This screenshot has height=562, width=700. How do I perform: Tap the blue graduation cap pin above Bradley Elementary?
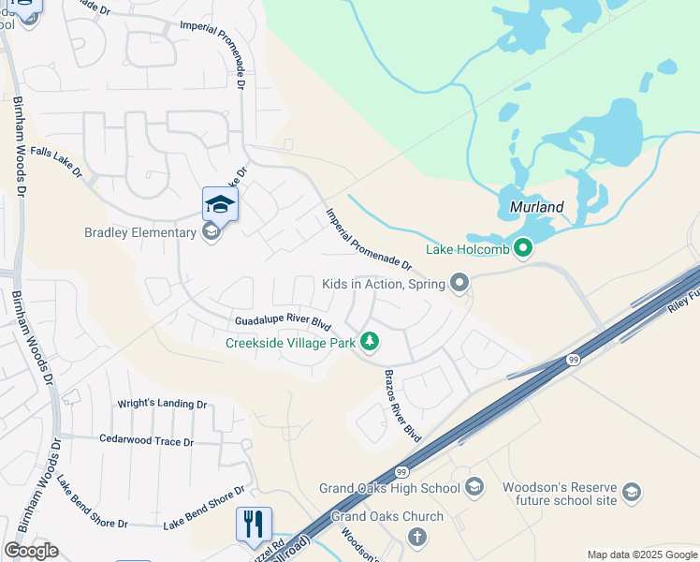coord(220,204)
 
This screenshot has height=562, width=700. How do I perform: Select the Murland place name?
coord(537,207)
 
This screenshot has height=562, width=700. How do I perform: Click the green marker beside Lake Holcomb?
coord(523,248)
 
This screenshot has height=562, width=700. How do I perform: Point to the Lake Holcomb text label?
coord(466,249)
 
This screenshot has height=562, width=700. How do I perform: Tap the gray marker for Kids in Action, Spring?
coord(459,282)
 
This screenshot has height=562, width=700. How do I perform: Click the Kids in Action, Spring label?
coord(382,283)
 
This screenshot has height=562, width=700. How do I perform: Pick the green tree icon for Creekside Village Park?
coord(371,342)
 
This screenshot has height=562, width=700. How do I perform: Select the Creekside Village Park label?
coord(290,343)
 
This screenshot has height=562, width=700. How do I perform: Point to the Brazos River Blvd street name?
coord(401,406)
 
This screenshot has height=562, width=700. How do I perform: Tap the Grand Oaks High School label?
coord(388,487)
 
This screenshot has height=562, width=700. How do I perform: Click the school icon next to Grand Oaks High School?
coord(474,486)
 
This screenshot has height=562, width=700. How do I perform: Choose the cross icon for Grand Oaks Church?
coord(417,537)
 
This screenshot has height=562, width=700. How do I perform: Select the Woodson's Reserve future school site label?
coord(560,494)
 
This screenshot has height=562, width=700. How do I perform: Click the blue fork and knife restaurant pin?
coord(254,525)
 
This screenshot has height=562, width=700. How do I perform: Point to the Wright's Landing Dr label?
coord(161,405)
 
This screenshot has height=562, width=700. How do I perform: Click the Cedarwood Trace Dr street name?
coord(146,441)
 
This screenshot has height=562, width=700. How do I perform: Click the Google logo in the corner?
coord(31,551)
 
